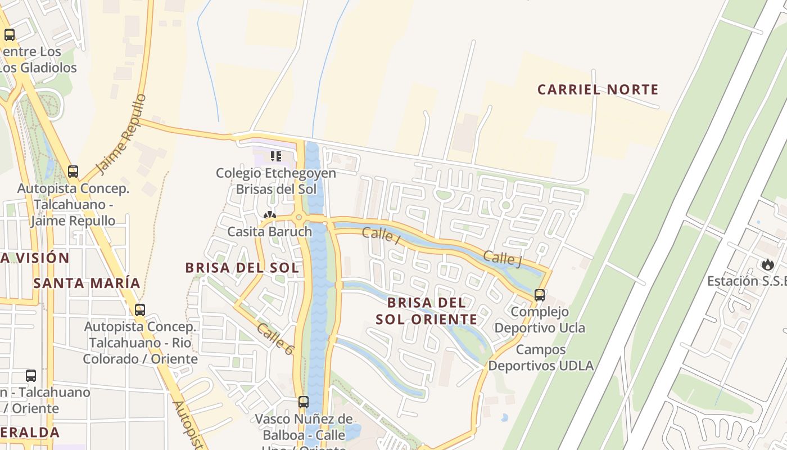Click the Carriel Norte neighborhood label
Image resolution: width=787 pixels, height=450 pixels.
point(598,89)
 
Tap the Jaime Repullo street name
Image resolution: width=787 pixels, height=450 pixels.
point(121,134)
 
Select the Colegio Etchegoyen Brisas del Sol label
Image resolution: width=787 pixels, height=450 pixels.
point(276,181)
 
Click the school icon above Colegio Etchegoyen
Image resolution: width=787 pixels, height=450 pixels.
point(275,156)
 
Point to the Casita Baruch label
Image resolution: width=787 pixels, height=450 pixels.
point(269,232)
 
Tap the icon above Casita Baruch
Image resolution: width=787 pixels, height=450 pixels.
point(270,215)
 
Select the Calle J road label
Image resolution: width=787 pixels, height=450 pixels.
point(502,258)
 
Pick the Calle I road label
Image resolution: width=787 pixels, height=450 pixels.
point(381,235)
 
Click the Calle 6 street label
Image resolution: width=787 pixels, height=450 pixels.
point(275,339)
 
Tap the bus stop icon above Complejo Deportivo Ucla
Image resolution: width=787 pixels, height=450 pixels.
point(540,295)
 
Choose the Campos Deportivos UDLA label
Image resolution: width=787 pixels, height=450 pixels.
point(540,358)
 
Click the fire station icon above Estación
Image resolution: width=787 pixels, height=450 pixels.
point(767,264)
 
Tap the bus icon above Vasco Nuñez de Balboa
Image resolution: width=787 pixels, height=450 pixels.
point(304,402)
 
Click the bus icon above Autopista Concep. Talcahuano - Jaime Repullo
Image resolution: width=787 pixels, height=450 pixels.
point(73,171)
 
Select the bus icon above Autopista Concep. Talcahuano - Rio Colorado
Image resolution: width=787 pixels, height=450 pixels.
point(140,309)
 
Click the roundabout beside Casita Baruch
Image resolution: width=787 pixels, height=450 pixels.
point(298,218)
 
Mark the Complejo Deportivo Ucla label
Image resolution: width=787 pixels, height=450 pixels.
point(540,319)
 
